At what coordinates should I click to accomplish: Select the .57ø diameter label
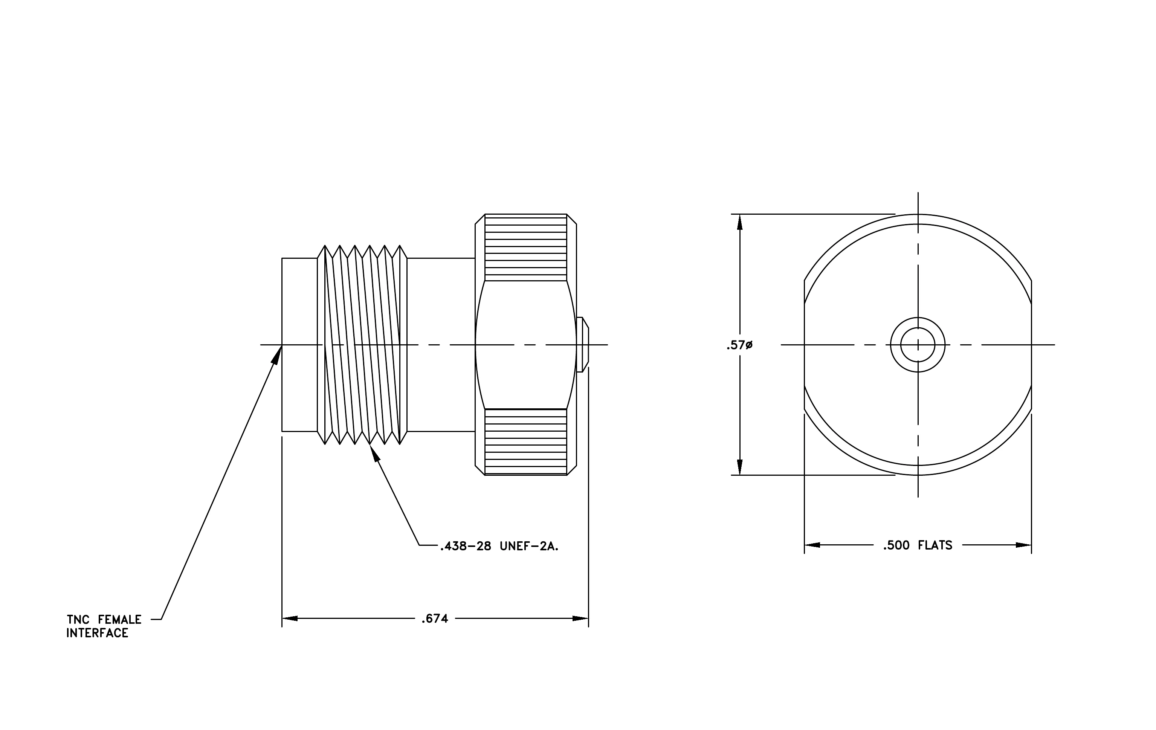click(739, 345)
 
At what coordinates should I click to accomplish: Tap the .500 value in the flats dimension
click(896, 545)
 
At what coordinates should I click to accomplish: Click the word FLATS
click(935, 545)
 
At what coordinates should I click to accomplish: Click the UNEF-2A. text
click(529, 546)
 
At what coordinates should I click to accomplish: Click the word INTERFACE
click(98, 633)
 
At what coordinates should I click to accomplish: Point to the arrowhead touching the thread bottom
click(374, 454)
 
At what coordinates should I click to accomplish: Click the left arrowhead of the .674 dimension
click(290, 618)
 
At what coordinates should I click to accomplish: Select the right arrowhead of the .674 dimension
click(580, 618)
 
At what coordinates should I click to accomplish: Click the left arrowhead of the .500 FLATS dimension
click(812, 545)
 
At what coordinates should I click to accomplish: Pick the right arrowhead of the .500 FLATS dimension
click(1023, 545)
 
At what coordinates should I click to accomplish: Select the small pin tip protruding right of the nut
click(583, 345)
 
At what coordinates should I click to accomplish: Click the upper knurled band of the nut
click(526, 247)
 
